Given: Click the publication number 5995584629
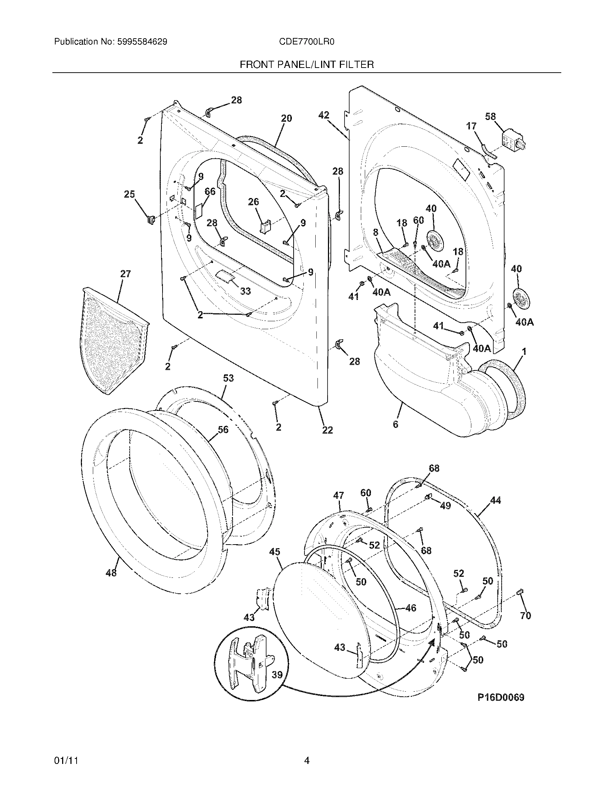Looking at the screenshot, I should (x=142, y=42).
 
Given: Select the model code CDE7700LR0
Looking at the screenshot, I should (x=307, y=42).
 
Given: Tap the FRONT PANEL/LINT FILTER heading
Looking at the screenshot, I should (x=307, y=65).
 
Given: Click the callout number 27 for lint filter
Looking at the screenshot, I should (x=125, y=274).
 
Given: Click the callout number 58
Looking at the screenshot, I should (x=490, y=116).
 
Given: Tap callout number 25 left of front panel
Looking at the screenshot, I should (x=129, y=194).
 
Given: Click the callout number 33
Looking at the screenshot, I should (x=245, y=291).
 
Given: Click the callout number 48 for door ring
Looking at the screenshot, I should (x=111, y=573).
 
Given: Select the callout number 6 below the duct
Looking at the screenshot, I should (x=395, y=424).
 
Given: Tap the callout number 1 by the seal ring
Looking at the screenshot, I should (x=524, y=352).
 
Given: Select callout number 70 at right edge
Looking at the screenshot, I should (x=526, y=615).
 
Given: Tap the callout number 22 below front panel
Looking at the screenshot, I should (x=327, y=430).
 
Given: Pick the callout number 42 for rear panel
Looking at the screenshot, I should (x=323, y=115).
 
